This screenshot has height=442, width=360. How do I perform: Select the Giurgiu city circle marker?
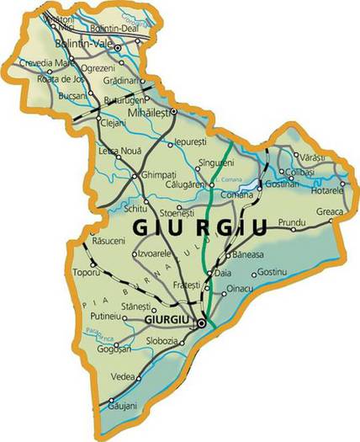point(201,322)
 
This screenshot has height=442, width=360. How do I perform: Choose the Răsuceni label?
point(109,241)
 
